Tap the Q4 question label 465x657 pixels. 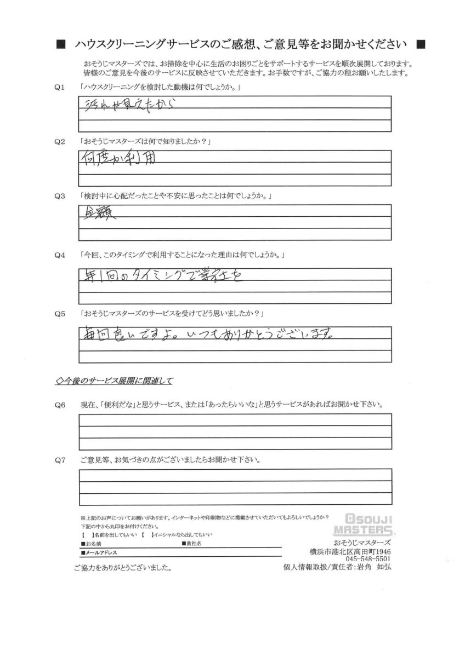tap(61, 255)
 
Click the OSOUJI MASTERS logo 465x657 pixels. tap(365, 525)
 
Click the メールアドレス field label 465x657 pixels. tap(99, 553)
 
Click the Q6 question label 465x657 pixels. tap(61, 405)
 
